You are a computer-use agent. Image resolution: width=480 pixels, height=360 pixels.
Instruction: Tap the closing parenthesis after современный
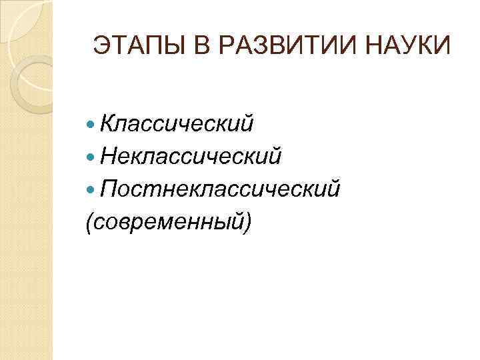(x=248, y=223)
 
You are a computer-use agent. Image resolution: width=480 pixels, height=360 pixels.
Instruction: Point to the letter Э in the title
(x=101, y=46)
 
